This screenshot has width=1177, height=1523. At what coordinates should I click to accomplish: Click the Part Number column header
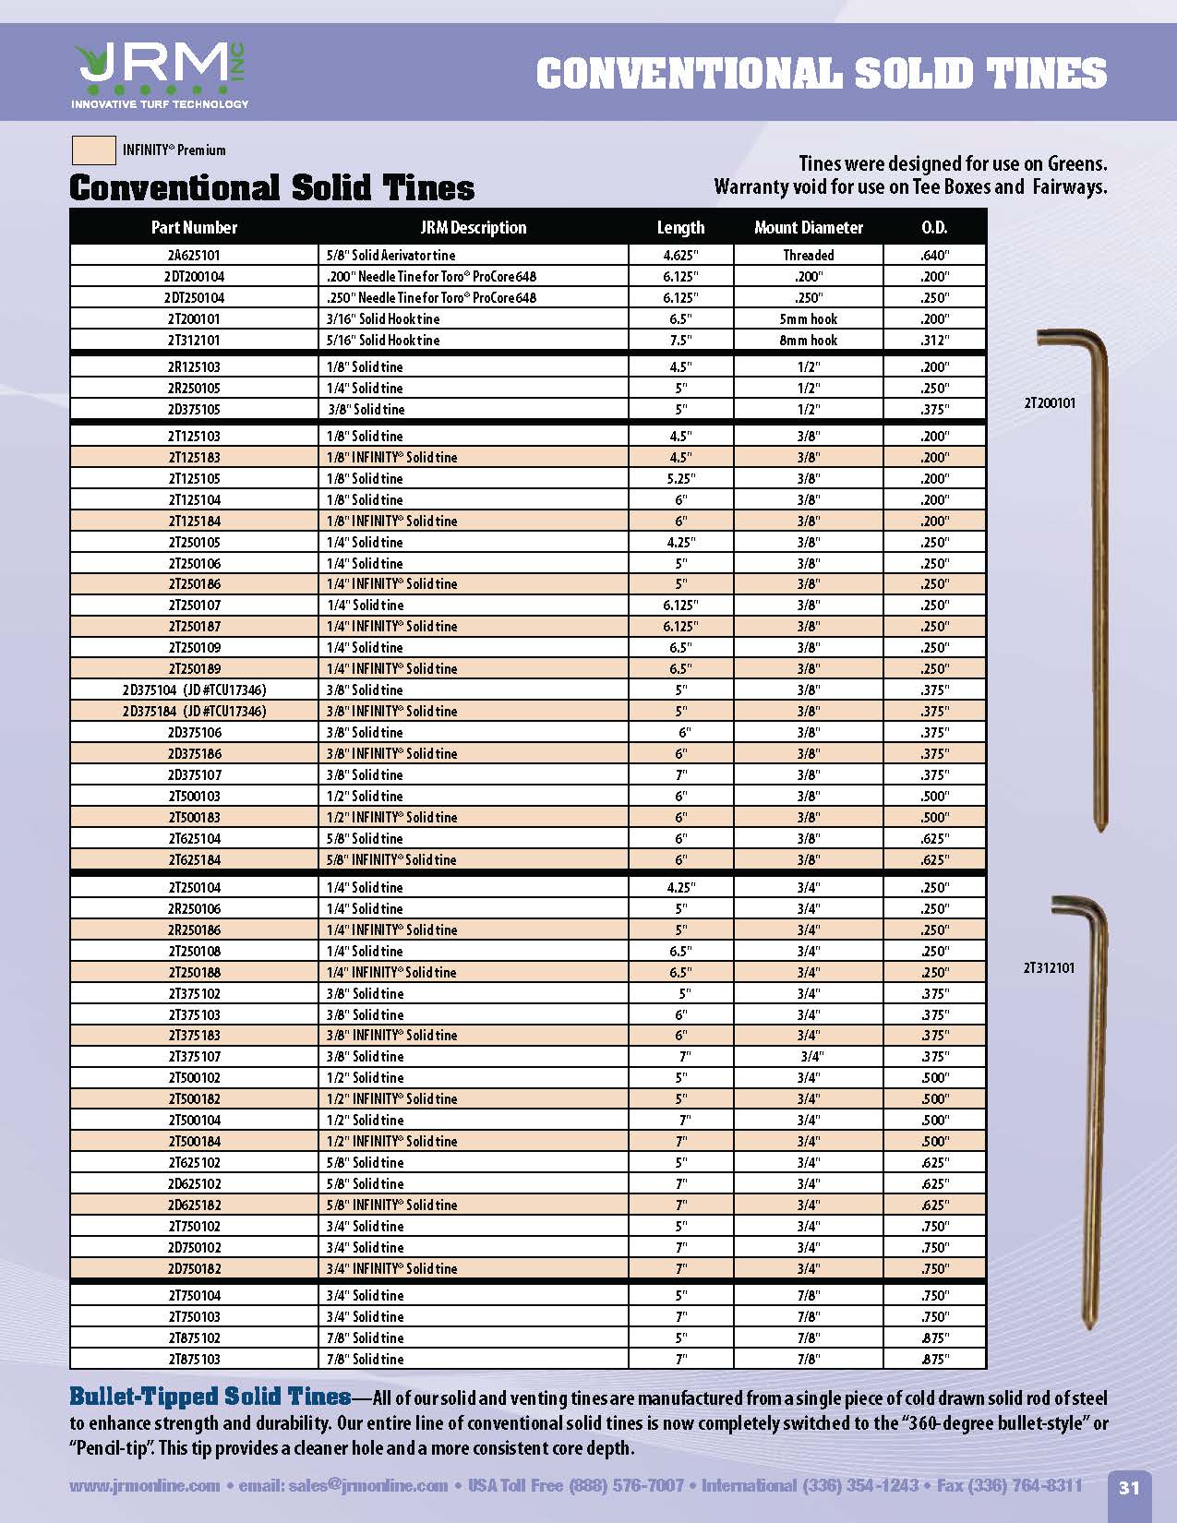click(194, 228)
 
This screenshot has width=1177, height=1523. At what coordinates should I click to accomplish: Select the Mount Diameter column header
click(808, 228)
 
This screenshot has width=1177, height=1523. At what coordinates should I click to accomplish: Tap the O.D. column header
click(934, 228)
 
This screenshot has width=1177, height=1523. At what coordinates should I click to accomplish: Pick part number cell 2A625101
click(194, 256)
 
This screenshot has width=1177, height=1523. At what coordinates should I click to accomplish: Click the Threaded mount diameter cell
click(808, 256)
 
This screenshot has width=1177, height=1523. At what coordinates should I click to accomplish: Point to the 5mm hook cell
click(808, 319)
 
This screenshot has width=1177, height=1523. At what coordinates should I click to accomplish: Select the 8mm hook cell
click(808, 341)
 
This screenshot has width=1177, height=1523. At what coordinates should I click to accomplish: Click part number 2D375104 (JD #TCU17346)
click(194, 690)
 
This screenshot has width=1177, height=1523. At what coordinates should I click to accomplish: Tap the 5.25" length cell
click(680, 479)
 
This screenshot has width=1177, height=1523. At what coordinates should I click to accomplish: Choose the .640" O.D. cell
click(934, 256)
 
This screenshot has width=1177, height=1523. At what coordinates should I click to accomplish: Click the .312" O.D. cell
click(934, 341)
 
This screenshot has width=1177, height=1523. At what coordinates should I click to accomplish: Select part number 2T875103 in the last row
click(194, 1360)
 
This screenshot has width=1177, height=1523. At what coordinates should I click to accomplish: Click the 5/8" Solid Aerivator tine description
click(390, 256)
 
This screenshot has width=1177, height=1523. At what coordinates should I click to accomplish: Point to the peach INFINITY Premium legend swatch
click(93, 150)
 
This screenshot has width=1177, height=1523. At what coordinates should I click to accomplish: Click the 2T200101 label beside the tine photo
click(1050, 403)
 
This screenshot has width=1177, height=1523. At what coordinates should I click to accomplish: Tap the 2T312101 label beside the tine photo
click(1049, 968)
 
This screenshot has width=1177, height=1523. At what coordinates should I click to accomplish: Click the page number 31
click(1129, 1487)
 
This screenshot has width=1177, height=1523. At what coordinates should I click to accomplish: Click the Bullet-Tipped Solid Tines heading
click(210, 1397)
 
